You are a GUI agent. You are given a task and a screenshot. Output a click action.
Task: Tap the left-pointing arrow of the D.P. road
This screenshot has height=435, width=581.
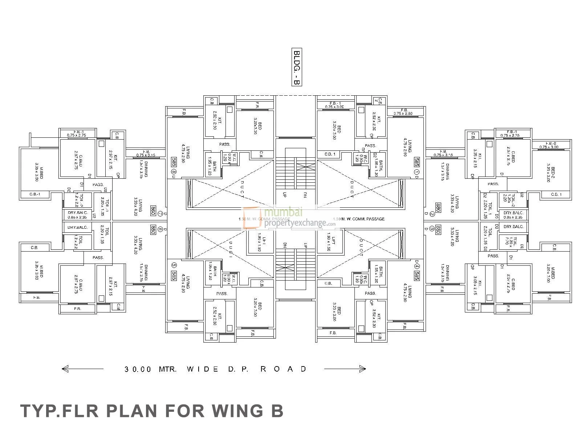(x=65, y=369)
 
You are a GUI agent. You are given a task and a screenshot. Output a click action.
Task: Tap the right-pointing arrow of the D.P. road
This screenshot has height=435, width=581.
(x=362, y=369)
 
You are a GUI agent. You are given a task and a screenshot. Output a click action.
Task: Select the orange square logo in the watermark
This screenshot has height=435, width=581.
(x=252, y=219)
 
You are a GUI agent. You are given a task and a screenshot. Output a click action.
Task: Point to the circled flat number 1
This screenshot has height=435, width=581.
(x=417, y=172)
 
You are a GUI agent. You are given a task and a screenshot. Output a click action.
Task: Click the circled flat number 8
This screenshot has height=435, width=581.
(x=174, y=172)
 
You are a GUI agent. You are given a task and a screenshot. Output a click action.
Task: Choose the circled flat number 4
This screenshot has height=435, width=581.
(x=417, y=265)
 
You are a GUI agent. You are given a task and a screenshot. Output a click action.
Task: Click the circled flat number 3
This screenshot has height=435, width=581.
(x=431, y=229)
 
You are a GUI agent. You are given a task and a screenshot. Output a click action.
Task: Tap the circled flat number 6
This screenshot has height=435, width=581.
(x=160, y=229)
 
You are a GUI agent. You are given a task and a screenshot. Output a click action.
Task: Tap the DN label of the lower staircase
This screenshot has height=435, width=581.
(x=285, y=245)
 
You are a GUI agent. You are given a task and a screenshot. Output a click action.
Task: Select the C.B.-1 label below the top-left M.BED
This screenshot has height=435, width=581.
(x=34, y=195)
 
